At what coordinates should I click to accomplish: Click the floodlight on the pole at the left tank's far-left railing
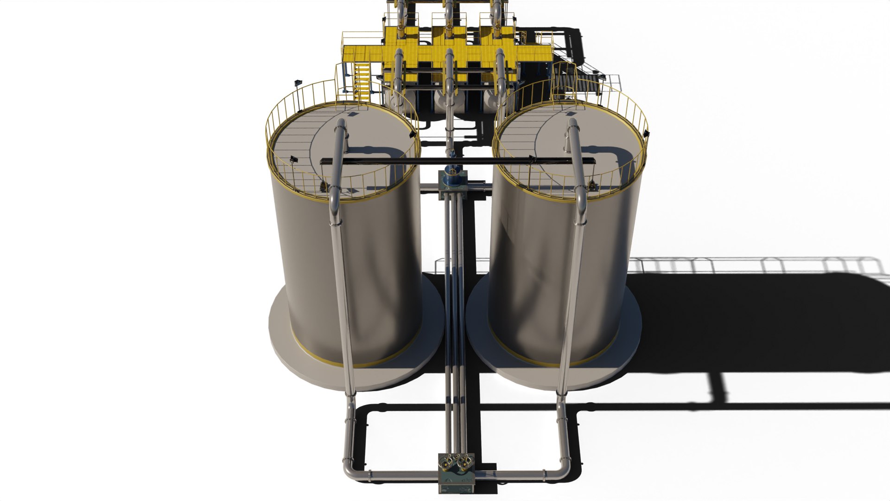coord(297,83)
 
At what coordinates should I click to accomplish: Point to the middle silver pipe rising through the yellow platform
coord(449,70)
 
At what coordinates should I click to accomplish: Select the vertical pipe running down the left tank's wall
coord(341,288)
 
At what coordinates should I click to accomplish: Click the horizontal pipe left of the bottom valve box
coord(399,475)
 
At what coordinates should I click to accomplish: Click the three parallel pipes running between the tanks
coord(454,302)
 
